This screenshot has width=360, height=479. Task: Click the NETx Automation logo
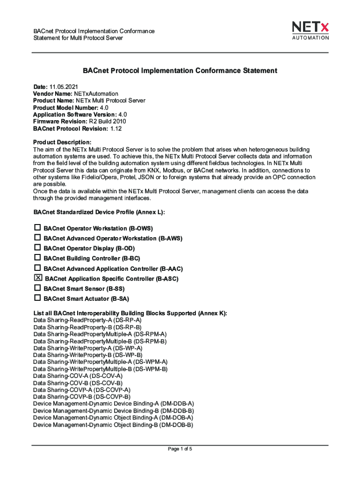tap(310, 30)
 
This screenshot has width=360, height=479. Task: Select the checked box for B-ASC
tap(38, 278)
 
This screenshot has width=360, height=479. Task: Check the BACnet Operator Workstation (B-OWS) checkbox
tap(37, 228)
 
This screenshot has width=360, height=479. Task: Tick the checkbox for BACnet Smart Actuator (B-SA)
tap(37, 298)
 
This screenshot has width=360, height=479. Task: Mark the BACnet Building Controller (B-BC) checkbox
tap(37, 258)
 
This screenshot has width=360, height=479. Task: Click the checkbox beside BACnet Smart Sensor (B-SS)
tap(37, 288)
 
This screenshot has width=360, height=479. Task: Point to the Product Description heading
tap(62, 142)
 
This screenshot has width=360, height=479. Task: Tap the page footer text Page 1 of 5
tap(180, 449)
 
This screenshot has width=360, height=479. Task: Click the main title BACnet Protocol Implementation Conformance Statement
tap(180, 71)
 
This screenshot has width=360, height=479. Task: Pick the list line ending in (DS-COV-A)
tap(78, 376)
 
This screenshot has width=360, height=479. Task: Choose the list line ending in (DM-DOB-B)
tap(113, 425)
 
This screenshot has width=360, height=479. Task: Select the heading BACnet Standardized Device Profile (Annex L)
tap(99, 212)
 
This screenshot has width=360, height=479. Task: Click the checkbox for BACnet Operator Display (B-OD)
tap(37, 248)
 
